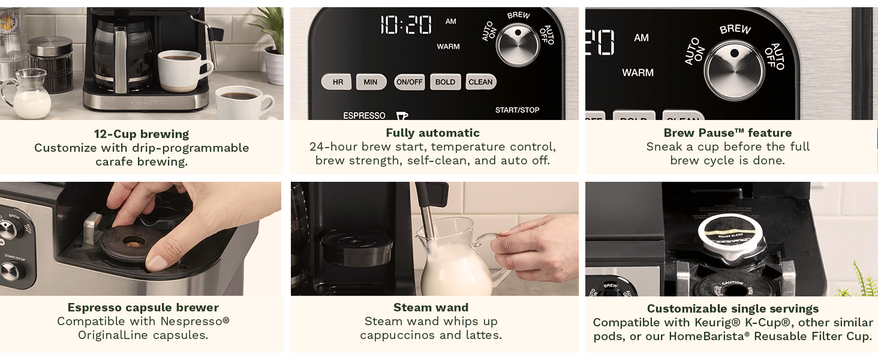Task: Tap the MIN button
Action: (x=371, y=82)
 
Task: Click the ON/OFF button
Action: (x=409, y=82)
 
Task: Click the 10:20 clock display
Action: (x=406, y=25)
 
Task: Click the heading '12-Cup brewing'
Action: (x=142, y=134)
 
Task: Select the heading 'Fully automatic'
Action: (x=432, y=133)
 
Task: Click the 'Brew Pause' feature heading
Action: (x=727, y=133)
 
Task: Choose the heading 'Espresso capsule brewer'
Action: (x=143, y=307)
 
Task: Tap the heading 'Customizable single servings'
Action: (x=732, y=308)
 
